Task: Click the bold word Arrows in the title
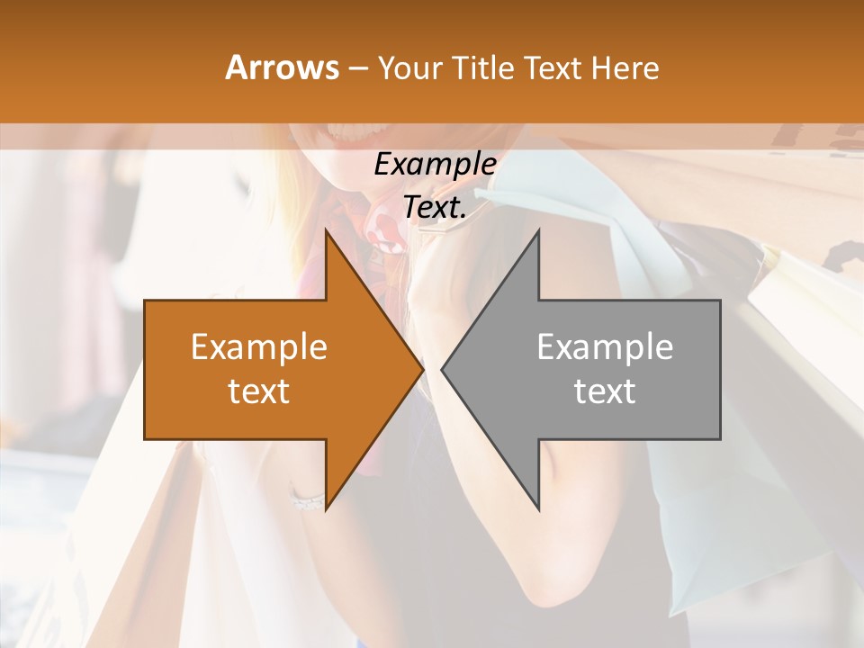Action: pos(282,67)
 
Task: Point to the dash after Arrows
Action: pos(356,69)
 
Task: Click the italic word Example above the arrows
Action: pos(435,165)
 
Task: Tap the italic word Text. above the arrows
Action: pos(435,208)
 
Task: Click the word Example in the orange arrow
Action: pos(259,347)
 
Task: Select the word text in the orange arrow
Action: pos(259,391)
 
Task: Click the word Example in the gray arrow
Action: pos(605,347)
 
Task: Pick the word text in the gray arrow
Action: pos(605,391)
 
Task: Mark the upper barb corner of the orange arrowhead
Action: pos(326,231)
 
